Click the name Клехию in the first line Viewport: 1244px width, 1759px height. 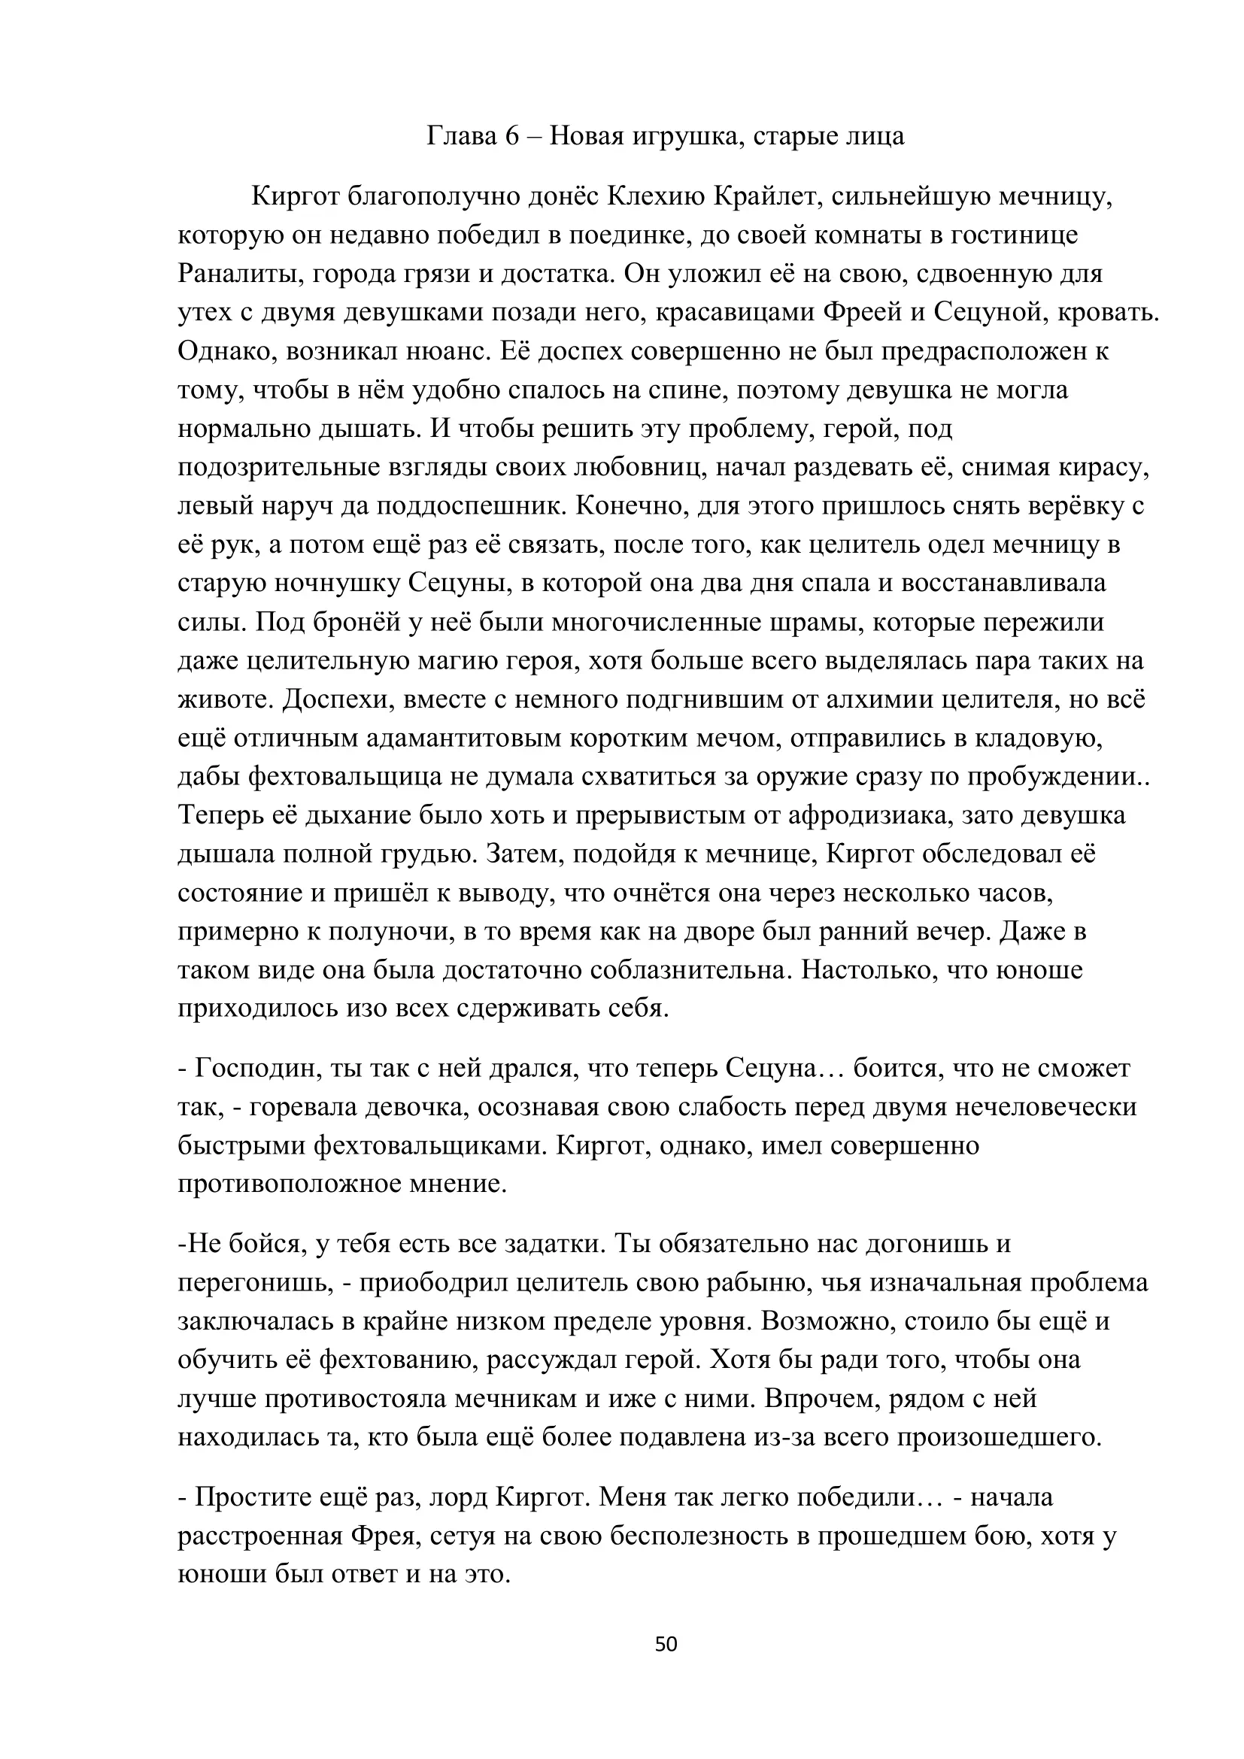657,197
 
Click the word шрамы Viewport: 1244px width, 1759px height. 832,622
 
